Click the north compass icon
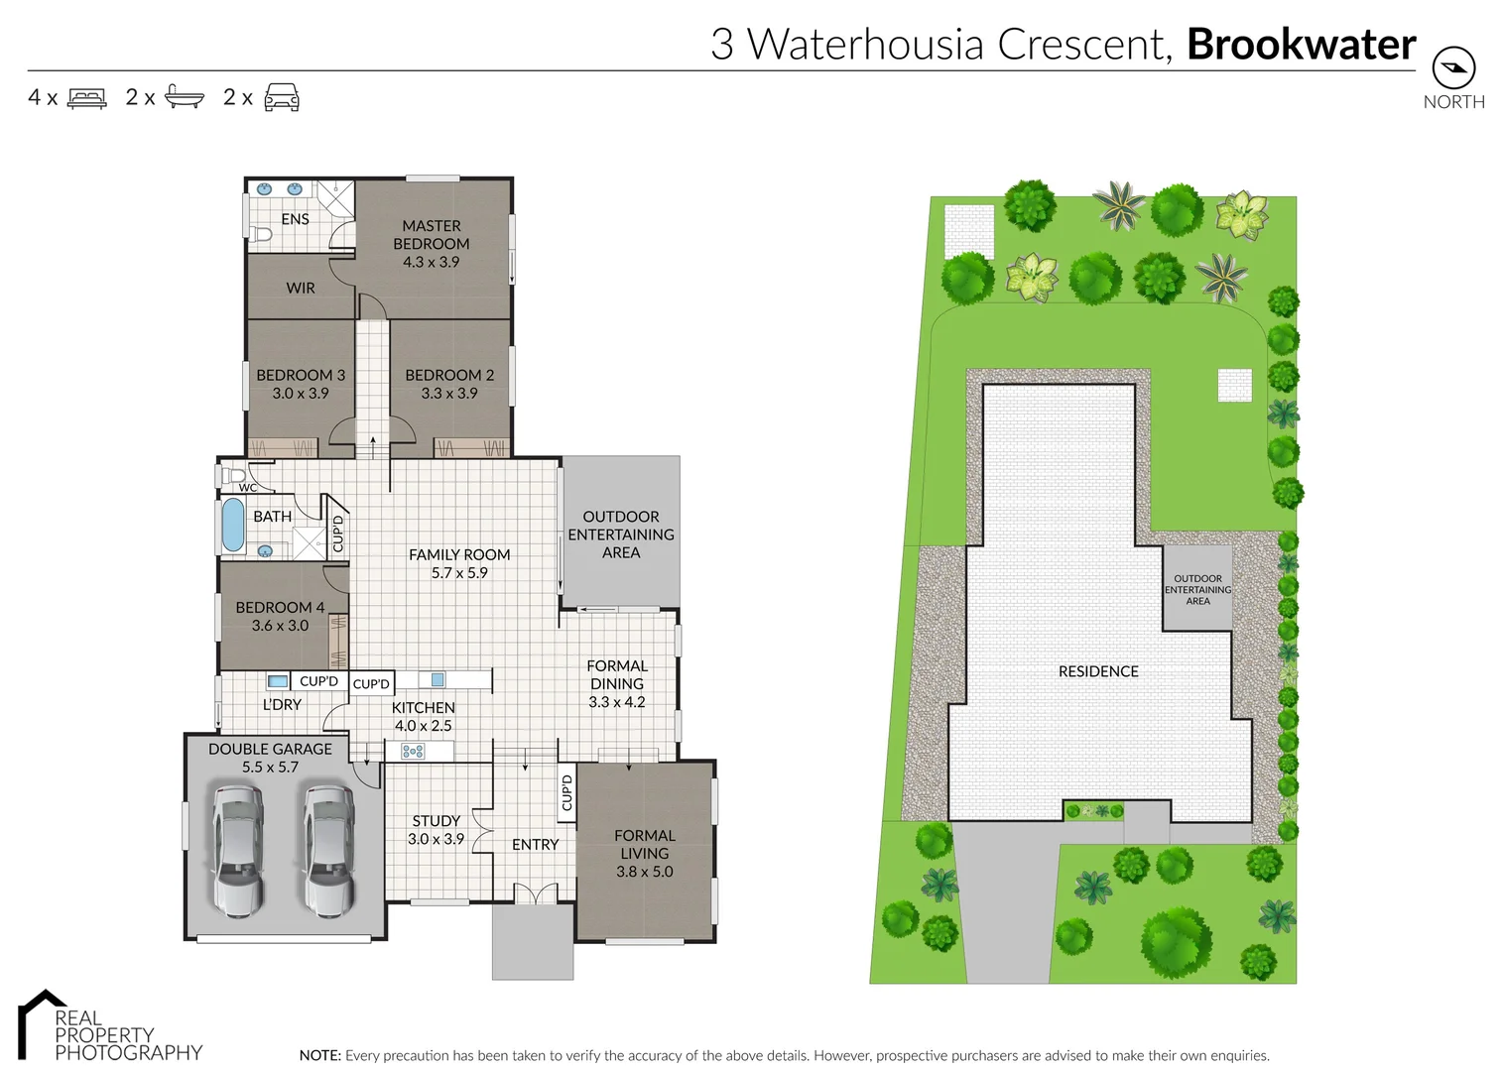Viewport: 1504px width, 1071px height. pyautogui.click(x=1453, y=68)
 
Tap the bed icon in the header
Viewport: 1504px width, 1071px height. pyautogui.click(x=86, y=98)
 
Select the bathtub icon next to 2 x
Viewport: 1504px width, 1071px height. pyautogui.click(x=184, y=97)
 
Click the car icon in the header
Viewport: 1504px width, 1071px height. pyautogui.click(x=282, y=97)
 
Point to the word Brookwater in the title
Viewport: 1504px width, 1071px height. pyautogui.click(x=1301, y=45)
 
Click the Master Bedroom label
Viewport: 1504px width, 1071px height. pyautogui.click(x=432, y=235)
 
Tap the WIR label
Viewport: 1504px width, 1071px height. pyautogui.click(x=301, y=289)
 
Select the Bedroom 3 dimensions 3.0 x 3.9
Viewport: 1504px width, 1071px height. pyautogui.click(x=301, y=394)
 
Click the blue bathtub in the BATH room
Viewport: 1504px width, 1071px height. pyautogui.click(x=233, y=525)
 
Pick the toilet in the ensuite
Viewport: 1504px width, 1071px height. pyautogui.click(x=261, y=235)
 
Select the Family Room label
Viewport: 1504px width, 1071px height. pyautogui.click(x=459, y=555)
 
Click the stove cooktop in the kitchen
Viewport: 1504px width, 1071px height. pyautogui.click(x=413, y=752)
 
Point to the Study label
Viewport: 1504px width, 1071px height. pyautogui.click(x=436, y=821)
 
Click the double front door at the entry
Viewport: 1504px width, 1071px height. pyautogui.click(x=536, y=893)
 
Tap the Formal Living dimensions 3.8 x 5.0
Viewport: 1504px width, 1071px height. pyautogui.click(x=644, y=872)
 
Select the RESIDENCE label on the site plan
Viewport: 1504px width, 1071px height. pyautogui.click(x=1098, y=671)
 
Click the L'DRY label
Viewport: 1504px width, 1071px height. pyautogui.click(x=282, y=704)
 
